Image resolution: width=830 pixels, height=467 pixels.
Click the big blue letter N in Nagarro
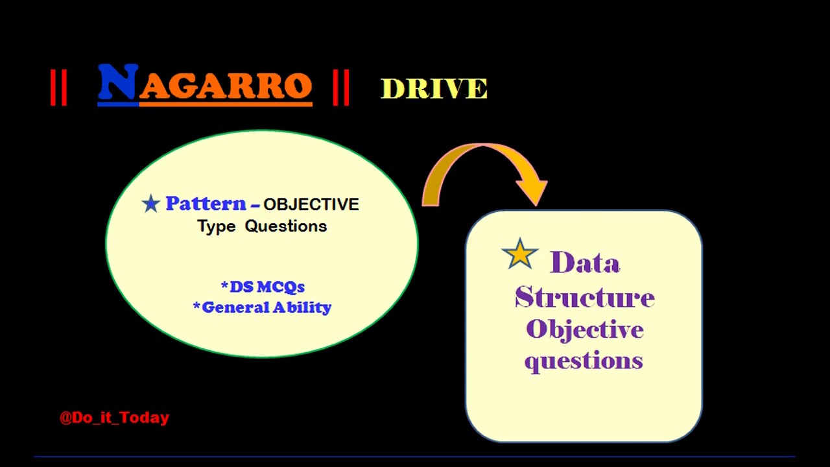coord(118,84)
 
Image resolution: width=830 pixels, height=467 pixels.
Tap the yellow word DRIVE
coord(434,89)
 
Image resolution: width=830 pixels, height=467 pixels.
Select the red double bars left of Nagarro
coord(58,88)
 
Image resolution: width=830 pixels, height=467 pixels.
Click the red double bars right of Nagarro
coord(340,88)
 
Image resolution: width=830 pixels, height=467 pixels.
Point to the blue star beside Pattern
coord(151,204)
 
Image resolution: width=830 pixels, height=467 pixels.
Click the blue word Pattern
coord(206,204)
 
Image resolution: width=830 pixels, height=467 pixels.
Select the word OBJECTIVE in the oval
coord(311,204)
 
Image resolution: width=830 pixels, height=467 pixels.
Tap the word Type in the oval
coord(216,226)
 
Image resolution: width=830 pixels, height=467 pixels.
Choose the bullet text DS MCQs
coord(263,287)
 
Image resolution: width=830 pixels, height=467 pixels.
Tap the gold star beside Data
coord(520,254)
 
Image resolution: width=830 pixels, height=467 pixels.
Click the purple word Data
coord(585,263)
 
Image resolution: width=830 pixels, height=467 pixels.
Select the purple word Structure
coord(585,297)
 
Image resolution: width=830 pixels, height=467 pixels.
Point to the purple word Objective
coord(585,329)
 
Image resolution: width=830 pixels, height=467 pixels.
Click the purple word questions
coord(584,361)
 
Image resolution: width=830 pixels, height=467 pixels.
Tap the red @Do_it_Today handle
coord(114,418)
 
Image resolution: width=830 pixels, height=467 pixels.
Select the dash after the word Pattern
coord(254,206)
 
